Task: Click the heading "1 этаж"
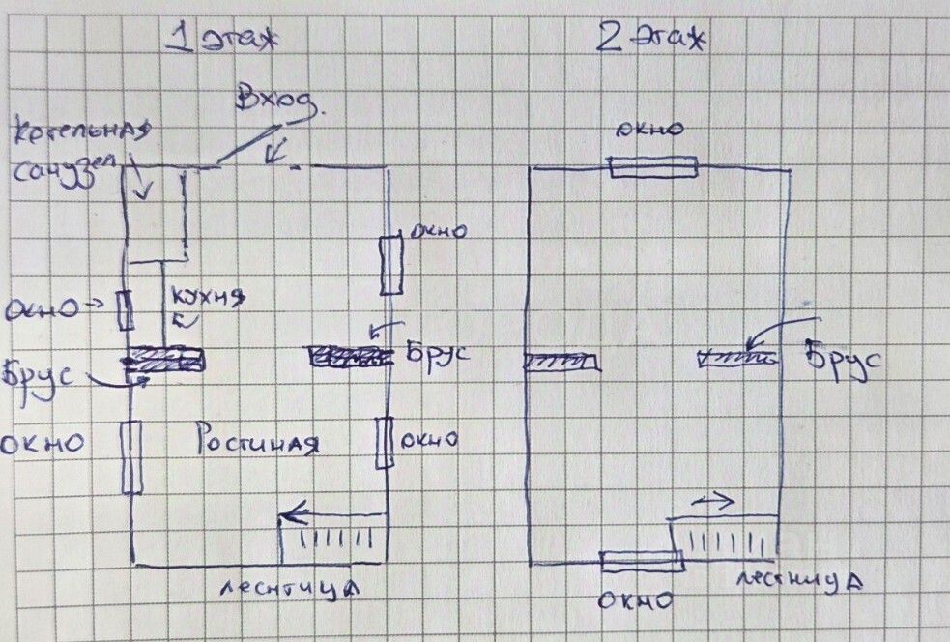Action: pos(221,42)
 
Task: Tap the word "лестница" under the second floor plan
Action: pos(799,580)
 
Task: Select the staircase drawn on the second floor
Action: pos(724,538)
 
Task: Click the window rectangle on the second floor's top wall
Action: pos(652,167)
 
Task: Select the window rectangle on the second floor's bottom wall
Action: pos(641,560)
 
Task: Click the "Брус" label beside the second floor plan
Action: pos(844,364)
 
